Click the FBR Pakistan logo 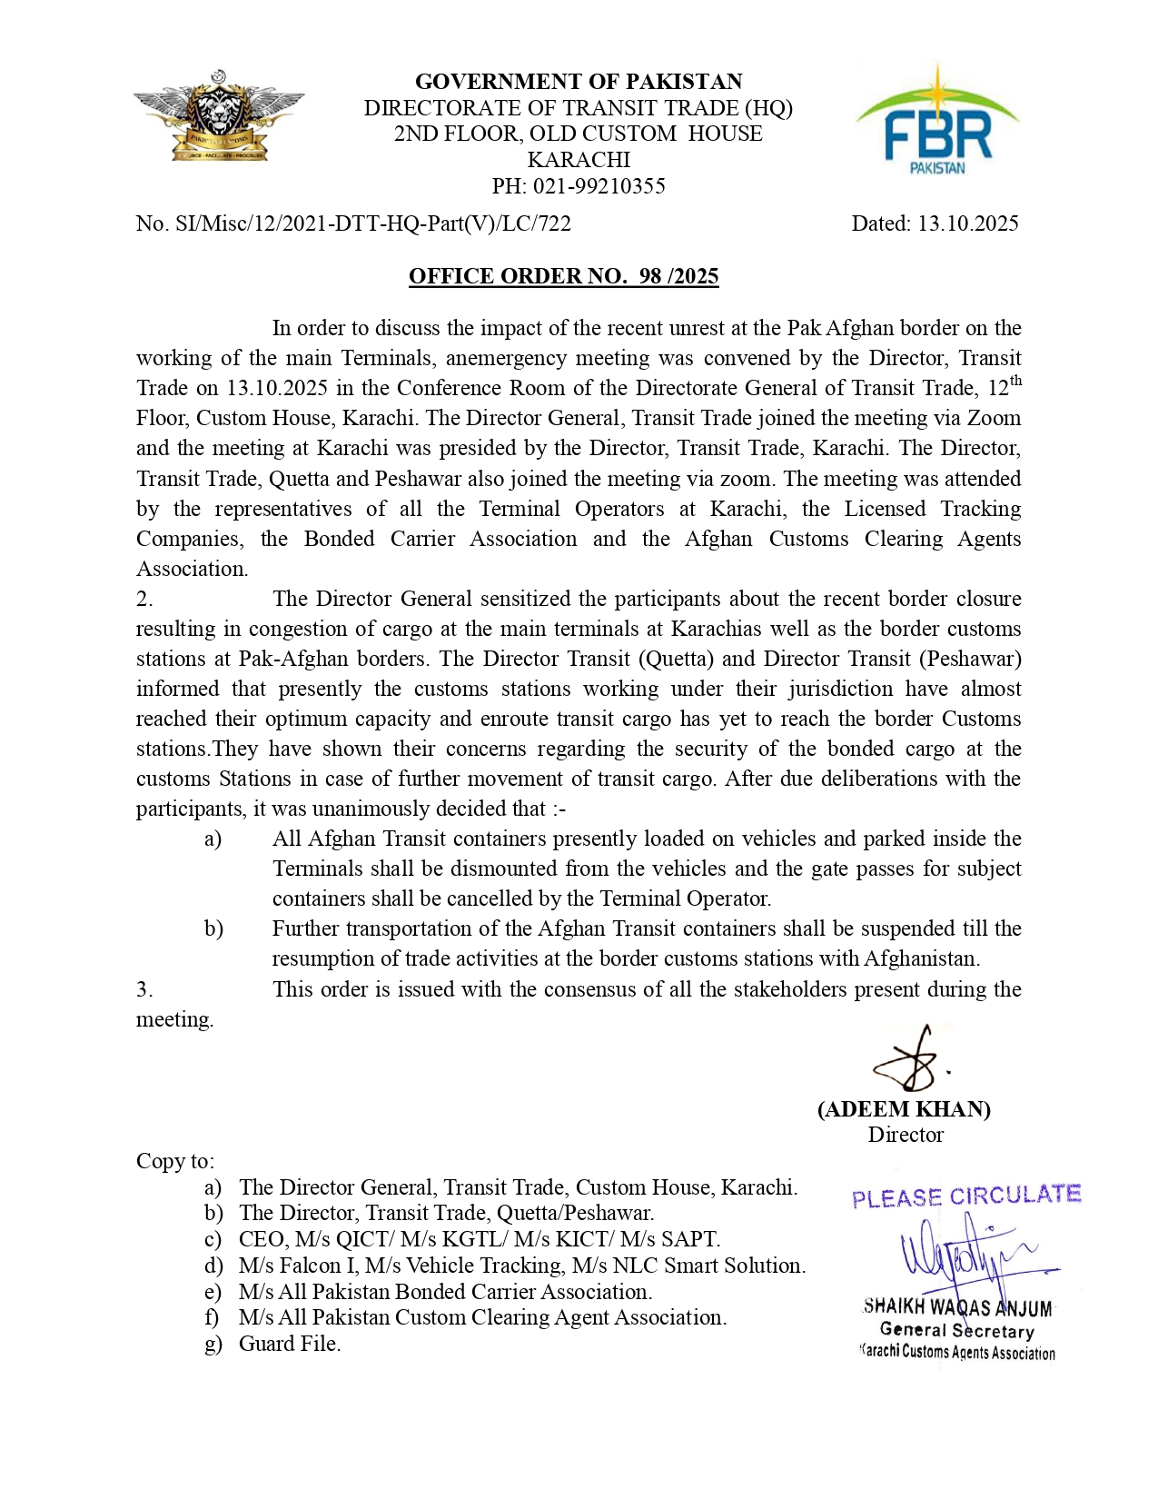coord(937,121)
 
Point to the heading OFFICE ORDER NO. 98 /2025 coord(563,276)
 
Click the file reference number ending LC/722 coord(353,223)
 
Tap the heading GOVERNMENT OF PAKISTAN coord(579,82)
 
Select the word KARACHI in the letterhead coord(579,160)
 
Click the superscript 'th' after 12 coord(1015,381)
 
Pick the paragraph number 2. coord(144,599)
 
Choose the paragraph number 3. coord(144,989)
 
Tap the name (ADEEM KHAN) coord(904,1109)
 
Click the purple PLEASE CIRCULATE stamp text coord(966,1196)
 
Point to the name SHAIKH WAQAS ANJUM coord(957,1307)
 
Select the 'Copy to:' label coord(175,1161)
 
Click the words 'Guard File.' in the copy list coord(290,1344)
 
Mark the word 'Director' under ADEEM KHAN coord(906,1135)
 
